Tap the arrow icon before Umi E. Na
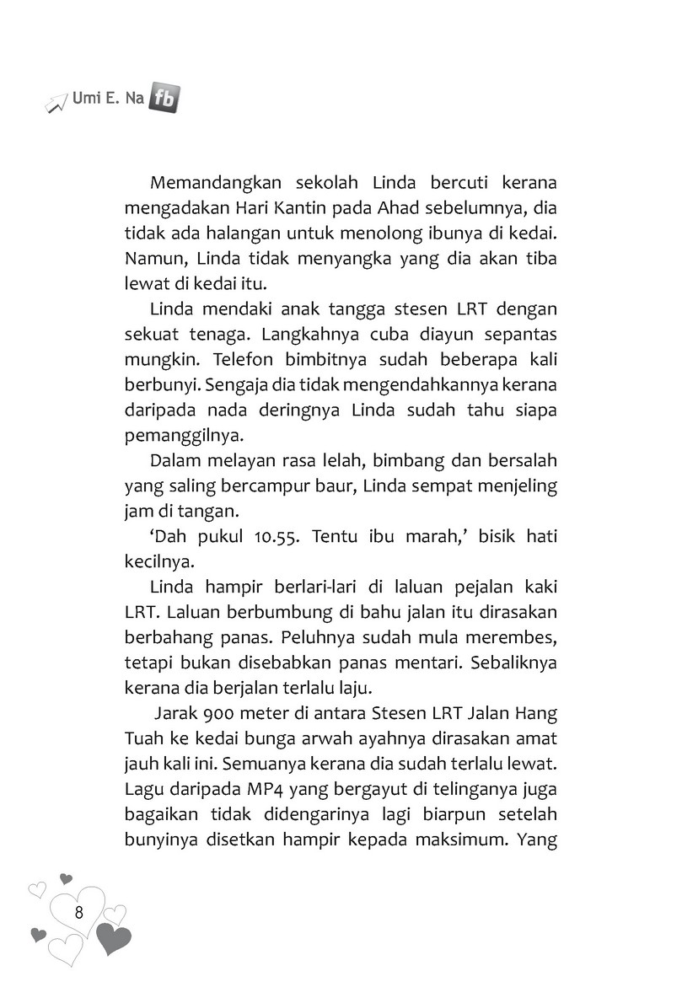point(56,103)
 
